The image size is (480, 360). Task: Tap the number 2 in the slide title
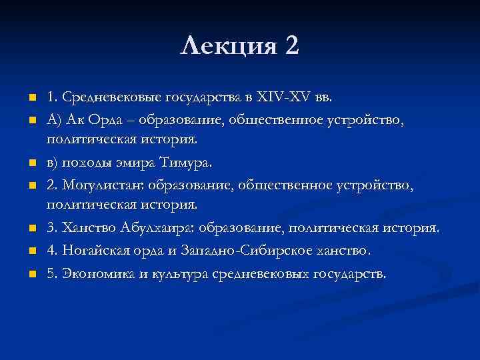[291, 47]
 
